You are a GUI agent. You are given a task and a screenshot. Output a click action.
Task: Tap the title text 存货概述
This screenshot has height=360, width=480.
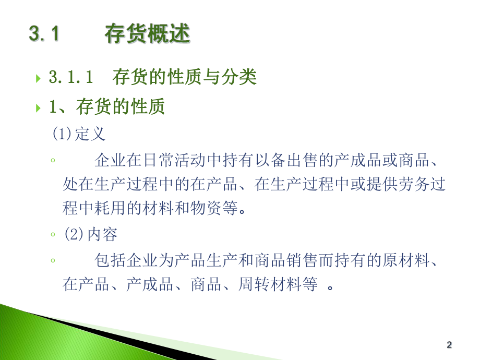tap(147, 34)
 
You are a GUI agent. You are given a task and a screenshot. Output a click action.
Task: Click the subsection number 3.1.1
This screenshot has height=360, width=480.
tap(70, 78)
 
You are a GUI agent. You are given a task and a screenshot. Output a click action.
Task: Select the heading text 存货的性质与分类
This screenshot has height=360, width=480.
tap(184, 78)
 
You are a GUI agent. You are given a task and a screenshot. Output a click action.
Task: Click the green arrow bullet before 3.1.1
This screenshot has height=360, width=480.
tap(38, 79)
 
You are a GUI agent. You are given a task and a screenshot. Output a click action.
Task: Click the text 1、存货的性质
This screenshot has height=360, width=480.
tap(107, 107)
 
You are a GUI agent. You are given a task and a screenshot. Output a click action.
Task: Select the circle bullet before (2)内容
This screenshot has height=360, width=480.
tap(53, 235)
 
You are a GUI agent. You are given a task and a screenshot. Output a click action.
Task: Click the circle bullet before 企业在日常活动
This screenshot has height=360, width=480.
tap(53, 160)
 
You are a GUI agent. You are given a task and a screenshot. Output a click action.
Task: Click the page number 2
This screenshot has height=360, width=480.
tap(449, 345)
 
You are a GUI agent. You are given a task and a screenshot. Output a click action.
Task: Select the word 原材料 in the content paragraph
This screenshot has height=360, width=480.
tap(411, 259)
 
